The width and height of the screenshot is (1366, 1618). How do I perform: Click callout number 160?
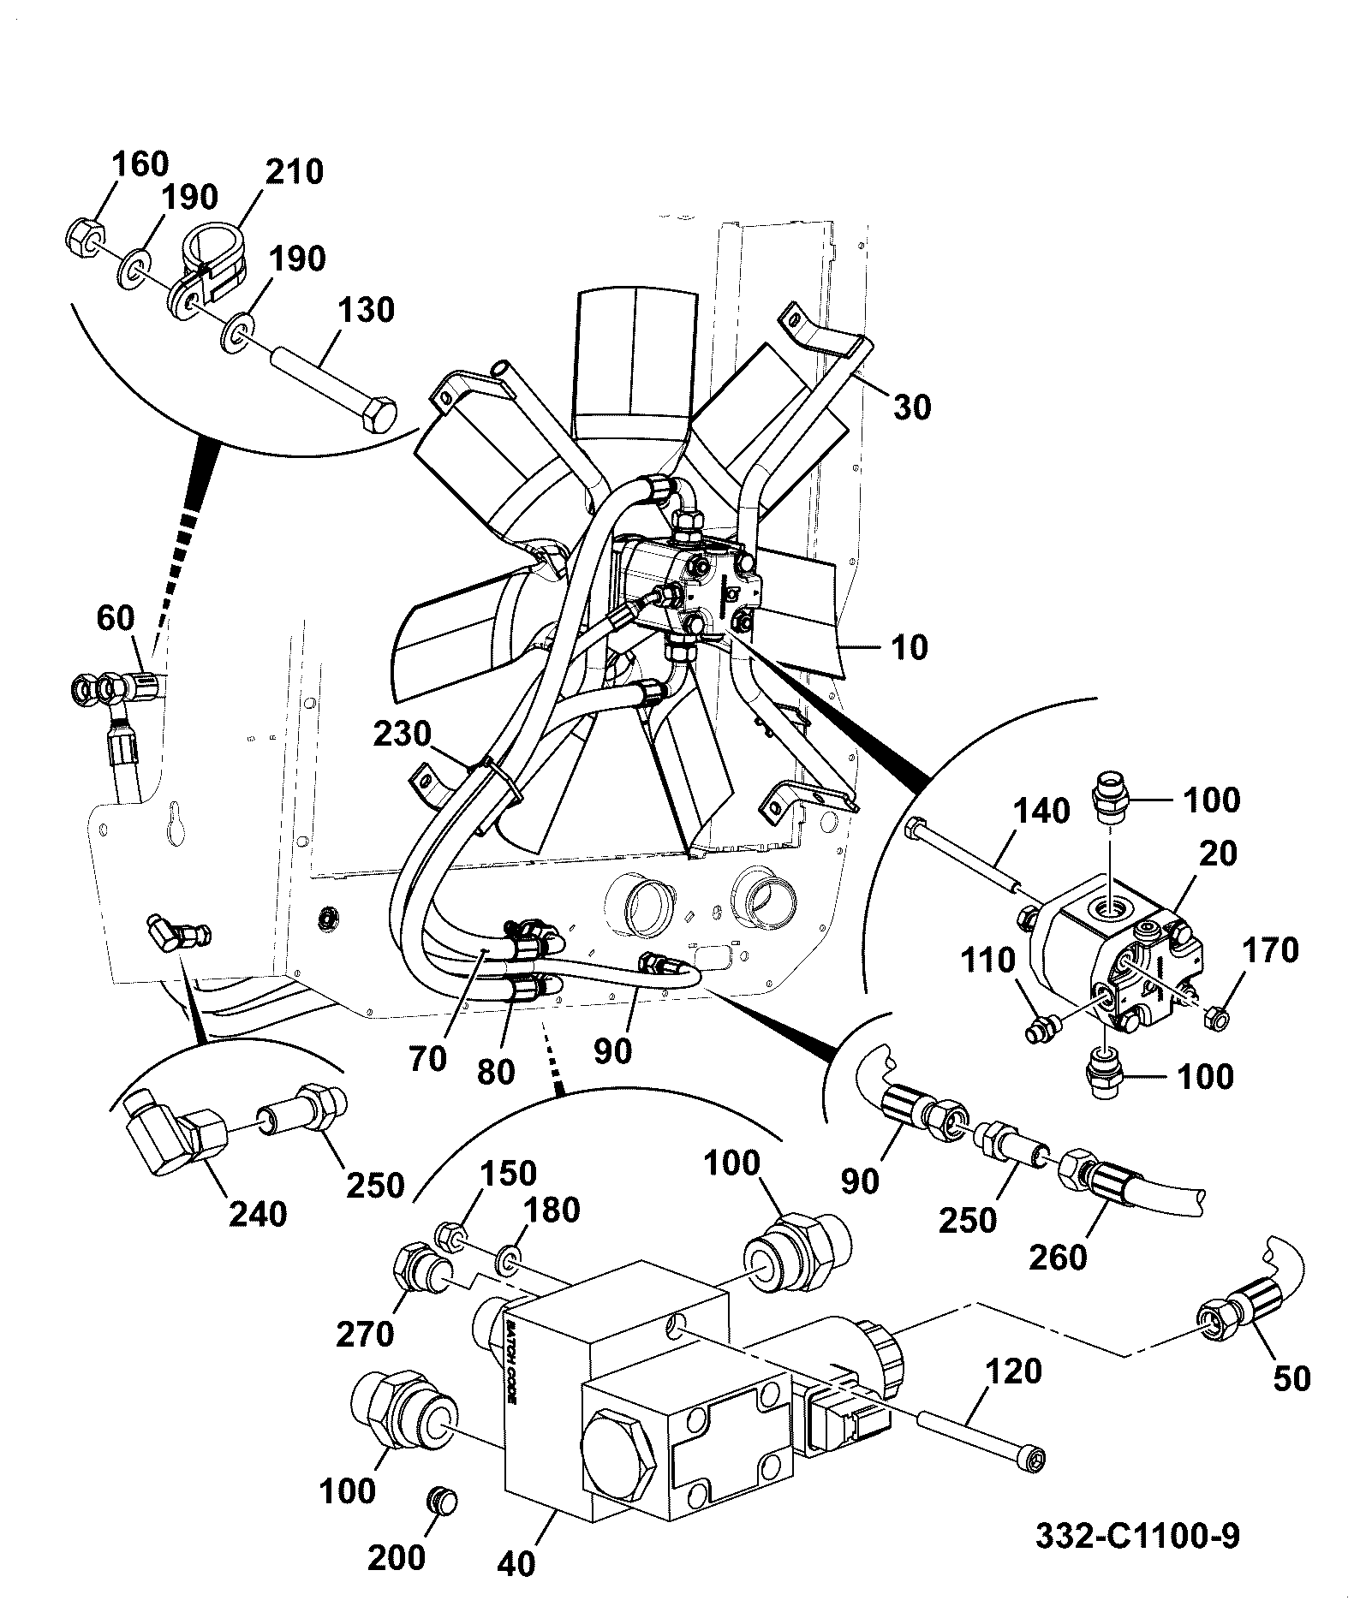(x=140, y=164)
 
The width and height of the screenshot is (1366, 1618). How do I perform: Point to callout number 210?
(x=295, y=171)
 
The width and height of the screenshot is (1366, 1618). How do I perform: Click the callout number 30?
(x=912, y=407)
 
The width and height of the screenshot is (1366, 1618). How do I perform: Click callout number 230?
(x=402, y=735)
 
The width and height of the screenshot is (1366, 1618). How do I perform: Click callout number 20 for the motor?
(x=1219, y=854)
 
